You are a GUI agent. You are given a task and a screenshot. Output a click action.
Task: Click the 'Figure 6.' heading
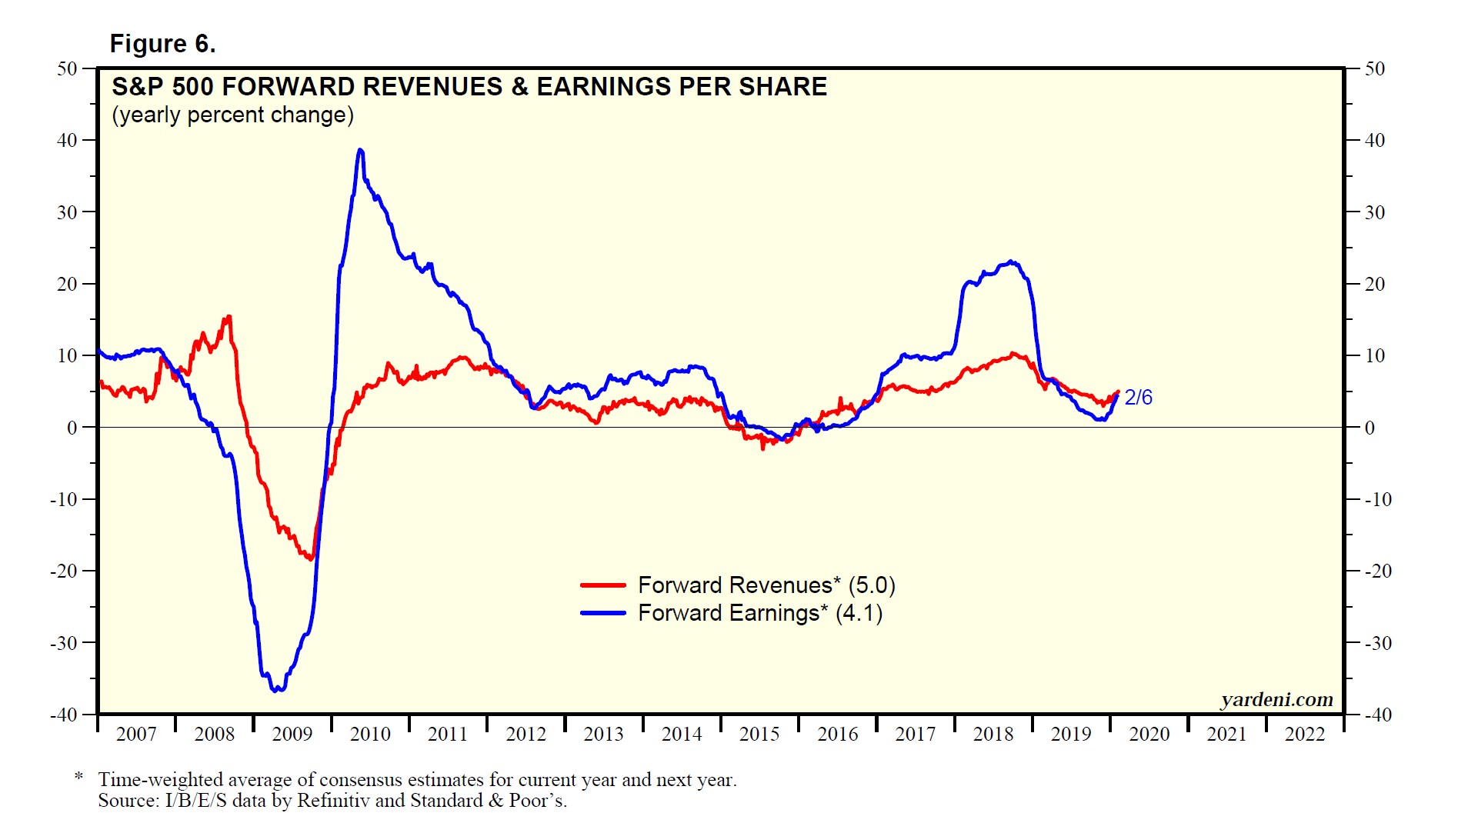point(162,44)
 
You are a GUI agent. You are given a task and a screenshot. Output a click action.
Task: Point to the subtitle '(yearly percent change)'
point(232,115)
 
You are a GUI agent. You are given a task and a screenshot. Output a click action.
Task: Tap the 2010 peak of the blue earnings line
point(360,151)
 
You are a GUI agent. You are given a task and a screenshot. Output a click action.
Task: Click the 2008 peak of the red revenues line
point(228,318)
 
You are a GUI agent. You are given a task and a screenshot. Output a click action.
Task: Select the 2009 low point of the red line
point(311,558)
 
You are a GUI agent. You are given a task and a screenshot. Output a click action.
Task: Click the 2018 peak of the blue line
point(1011,262)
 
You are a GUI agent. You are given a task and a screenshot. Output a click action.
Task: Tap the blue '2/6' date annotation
point(1138,398)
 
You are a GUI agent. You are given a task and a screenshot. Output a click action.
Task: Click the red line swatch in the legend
point(602,585)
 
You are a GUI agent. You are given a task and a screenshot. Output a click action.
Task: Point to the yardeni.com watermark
point(1276,700)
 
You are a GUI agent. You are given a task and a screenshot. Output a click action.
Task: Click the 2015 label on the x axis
point(759,735)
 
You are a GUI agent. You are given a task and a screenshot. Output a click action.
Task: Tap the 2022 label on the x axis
point(1304,735)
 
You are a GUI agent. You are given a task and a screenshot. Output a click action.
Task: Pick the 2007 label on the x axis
point(136,735)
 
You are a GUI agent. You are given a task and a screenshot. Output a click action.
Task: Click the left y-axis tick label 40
point(68,141)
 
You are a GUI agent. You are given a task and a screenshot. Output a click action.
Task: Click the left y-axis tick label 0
point(72,428)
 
